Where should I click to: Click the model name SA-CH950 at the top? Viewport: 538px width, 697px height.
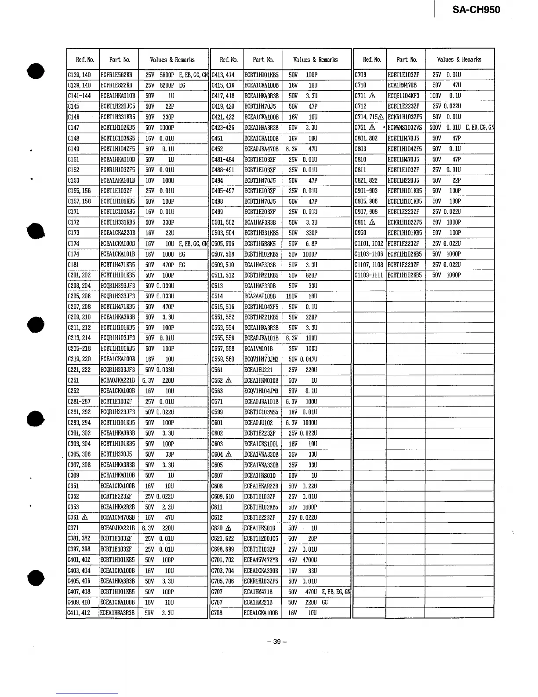(x=476, y=10)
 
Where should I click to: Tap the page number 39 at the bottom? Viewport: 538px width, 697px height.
(x=277, y=642)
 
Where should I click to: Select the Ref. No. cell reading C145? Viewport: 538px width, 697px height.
(x=73, y=106)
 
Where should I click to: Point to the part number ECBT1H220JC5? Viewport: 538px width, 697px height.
(x=118, y=106)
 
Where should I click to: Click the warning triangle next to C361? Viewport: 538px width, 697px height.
(x=85, y=518)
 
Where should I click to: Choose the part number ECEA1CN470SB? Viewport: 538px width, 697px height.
(x=118, y=518)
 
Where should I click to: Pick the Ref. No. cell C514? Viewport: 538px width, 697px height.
(x=218, y=297)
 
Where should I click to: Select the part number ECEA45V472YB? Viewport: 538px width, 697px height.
(x=261, y=560)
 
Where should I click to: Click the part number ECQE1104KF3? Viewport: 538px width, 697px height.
(x=403, y=96)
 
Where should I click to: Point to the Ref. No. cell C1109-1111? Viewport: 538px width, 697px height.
(x=369, y=275)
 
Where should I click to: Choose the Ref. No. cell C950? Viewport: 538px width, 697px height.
(x=360, y=233)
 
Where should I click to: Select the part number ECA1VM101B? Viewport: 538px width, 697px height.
(x=258, y=349)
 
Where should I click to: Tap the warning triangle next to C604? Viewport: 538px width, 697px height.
(x=229, y=455)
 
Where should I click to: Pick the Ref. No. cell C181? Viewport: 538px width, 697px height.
(x=73, y=265)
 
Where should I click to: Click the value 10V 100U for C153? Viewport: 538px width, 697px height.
(x=160, y=180)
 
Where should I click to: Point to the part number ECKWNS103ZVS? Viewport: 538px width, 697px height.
(x=405, y=128)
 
